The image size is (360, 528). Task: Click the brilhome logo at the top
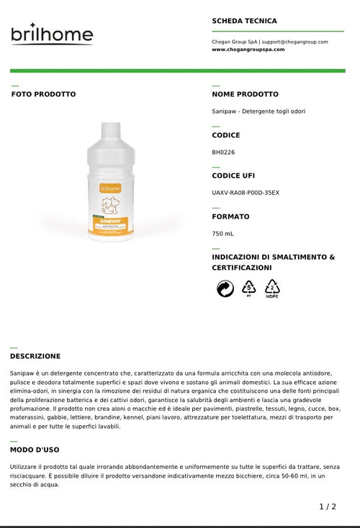[52, 35]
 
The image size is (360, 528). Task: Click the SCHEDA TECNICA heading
[244, 21]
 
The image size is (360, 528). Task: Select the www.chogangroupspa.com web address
[248, 50]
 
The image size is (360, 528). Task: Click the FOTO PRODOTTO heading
[43, 94]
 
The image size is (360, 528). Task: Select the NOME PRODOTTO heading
[245, 94]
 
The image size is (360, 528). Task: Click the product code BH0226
[223, 152]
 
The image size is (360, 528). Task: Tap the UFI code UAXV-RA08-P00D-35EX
[246, 193]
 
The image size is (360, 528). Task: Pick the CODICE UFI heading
[233, 176]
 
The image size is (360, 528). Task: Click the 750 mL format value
[222, 234]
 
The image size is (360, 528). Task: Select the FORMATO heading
[230, 217]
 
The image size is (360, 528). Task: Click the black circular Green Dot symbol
[225, 288]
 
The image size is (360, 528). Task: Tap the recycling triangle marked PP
[248, 288]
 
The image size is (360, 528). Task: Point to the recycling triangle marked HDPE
[272, 288]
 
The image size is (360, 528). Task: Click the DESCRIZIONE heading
[35, 356]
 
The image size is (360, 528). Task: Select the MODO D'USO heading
[35, 450]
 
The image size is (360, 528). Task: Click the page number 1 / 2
[328, 506]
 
